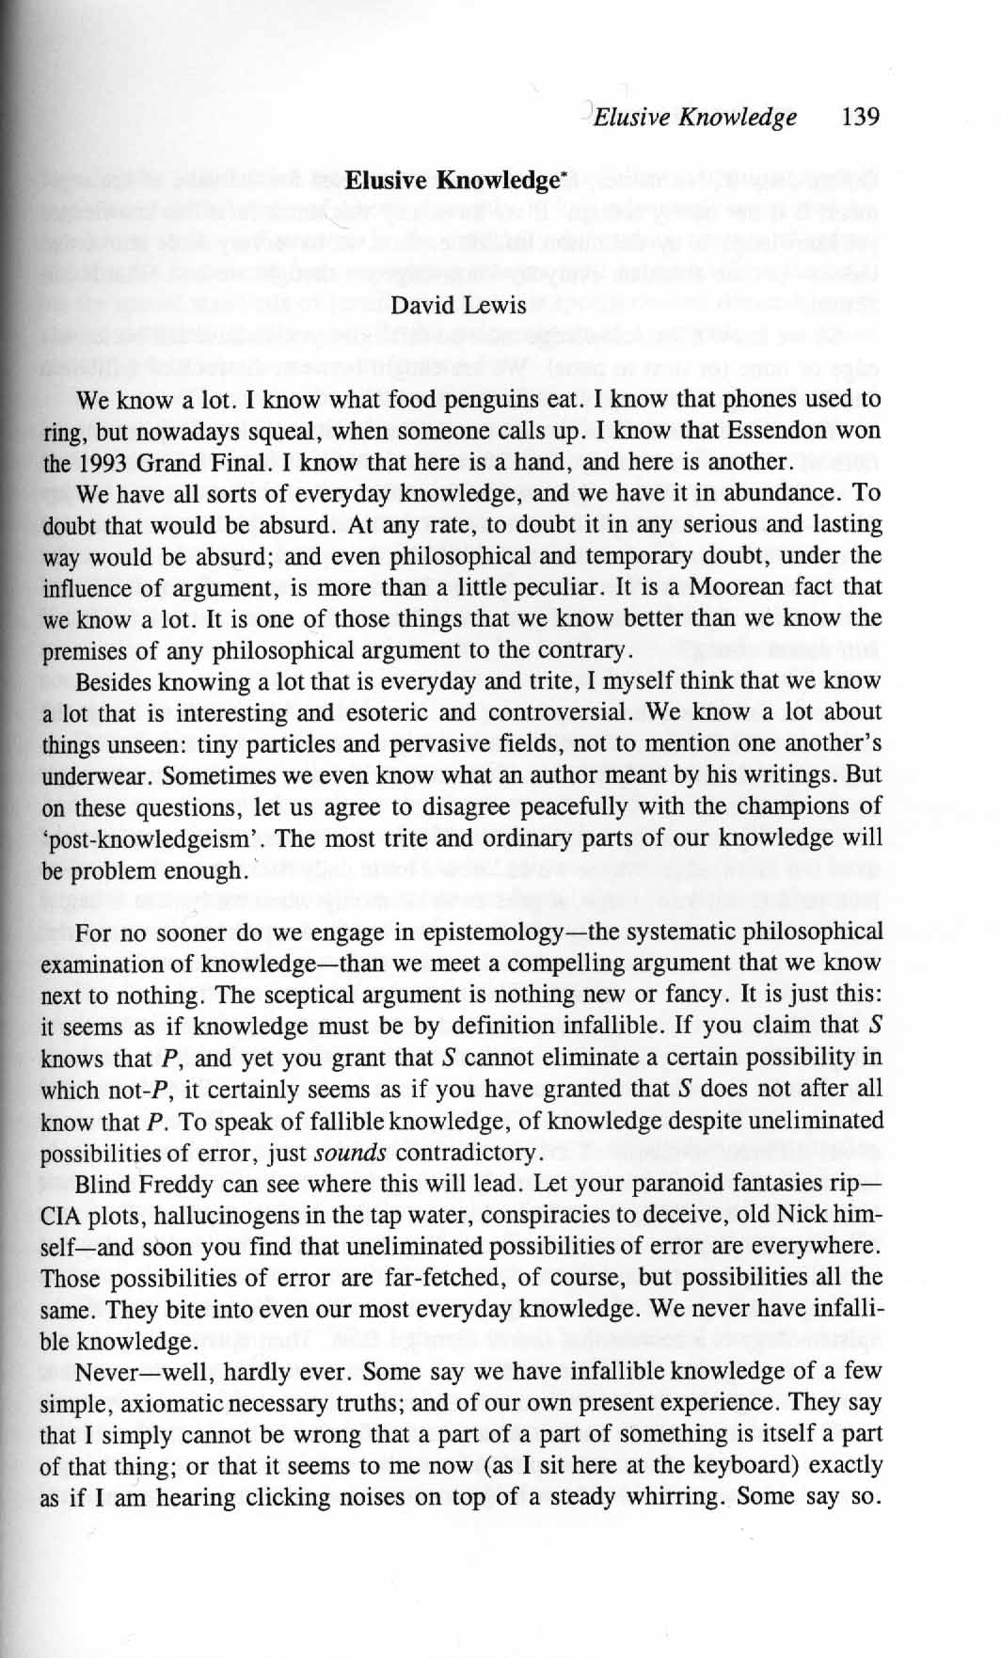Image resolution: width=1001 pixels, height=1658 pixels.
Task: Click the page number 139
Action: point(862,118)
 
